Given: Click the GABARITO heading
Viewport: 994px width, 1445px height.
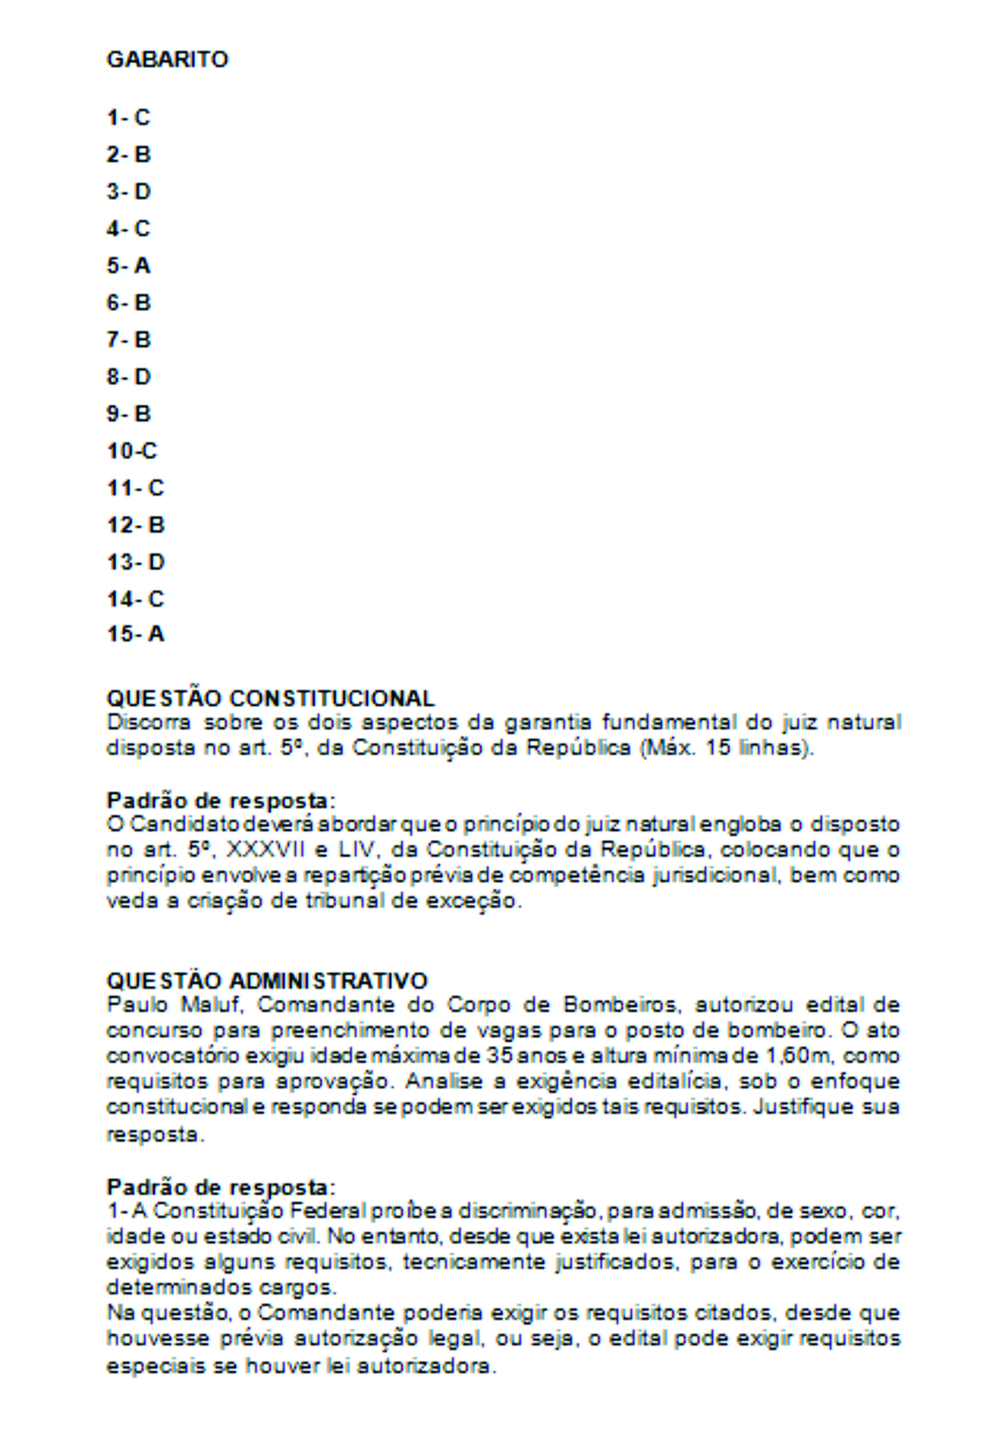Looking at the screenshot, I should click(x=167, y=60).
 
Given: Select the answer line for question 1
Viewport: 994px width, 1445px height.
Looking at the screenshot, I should click(x=128, y=117).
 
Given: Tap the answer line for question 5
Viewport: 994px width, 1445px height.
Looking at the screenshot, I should click(x=128, y=266).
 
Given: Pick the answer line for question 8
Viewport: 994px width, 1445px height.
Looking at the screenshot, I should click(x=128, y=377).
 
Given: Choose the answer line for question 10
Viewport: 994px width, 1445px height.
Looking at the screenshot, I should click(x=132, y=451).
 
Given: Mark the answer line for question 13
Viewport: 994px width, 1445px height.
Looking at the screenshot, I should click(x=136, y=562).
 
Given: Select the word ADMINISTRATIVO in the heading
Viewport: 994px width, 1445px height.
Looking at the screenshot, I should click(x=329, y=980).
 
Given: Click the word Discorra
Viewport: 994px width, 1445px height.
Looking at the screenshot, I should click(x=149, y=723).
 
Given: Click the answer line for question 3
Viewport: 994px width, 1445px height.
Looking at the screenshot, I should click(x=128, y=192).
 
